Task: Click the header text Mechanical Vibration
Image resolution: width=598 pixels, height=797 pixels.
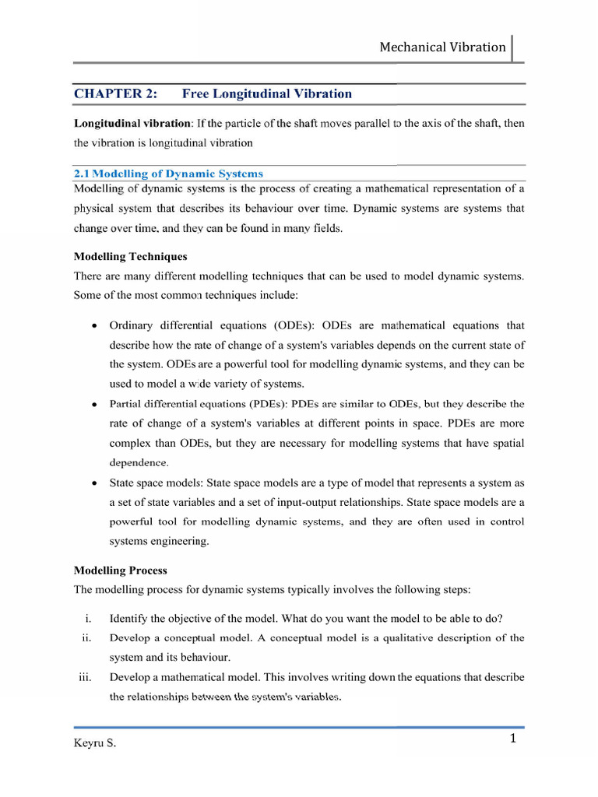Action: tap(442, 47)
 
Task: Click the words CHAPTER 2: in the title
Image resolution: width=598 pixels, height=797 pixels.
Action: tap(115, 93)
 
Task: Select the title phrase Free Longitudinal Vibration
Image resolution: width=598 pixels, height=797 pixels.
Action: tap(266, 93)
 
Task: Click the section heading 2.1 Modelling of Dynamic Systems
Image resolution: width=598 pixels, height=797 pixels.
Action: tap(168, 174)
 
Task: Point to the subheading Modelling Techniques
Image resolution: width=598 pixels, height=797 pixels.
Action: tap(130, 256)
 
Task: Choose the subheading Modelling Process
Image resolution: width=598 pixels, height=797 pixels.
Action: tap(120, 571)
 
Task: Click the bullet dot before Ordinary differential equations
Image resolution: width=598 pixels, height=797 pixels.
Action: tap(94, 325)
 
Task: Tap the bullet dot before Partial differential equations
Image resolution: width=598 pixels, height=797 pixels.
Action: tap(94, 405)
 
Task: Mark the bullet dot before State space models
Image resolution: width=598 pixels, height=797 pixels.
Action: tap(94, 483)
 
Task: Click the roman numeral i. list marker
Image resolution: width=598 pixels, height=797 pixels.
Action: tap(89, 619)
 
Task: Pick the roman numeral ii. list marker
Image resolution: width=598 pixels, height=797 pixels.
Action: tap(87, 638)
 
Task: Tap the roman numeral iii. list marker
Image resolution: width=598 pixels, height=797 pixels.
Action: tap(86, 677)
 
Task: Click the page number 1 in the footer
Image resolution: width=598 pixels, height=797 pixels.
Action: tap(513, 739)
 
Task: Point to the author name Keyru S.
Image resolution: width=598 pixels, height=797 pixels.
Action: tap(94, 743)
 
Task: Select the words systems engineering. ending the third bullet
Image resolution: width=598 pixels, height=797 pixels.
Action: tap(159, 541)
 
